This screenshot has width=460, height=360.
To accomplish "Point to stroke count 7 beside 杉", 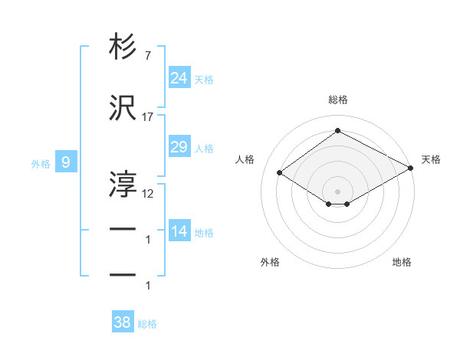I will (x=147, y=57).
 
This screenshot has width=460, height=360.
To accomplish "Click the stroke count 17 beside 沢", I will (x=147, y=116).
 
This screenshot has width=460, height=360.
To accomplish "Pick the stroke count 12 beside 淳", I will (x=148, y=194).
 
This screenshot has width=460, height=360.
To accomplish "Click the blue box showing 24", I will (x=179, y=77).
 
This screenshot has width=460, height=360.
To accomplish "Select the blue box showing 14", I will (x=179, y=231).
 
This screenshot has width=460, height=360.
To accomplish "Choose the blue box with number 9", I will (x=67, y=162).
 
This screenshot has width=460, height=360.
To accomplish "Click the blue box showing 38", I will (x=123, y=322).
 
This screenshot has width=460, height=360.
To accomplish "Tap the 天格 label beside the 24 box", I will (x=204, y=79).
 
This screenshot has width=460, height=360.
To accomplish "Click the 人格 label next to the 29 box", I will (x=204, y=148).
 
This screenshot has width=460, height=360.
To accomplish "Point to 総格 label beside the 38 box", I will (x=147, y=324).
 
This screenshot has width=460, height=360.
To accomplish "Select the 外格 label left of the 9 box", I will (x=41, y=163).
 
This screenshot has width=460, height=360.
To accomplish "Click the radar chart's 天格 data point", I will (x=411, y=169).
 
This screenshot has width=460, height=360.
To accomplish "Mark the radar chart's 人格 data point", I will (x=280, y=173).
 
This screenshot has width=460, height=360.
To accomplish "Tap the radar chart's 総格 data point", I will (x=337, y=130).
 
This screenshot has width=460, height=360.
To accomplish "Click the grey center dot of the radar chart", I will (x=337, y=190).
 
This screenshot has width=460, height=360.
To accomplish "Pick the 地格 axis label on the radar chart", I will (x=402, y=262).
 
